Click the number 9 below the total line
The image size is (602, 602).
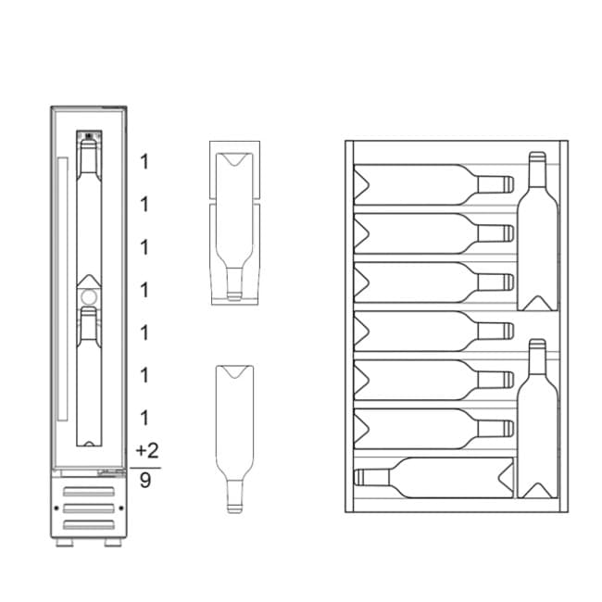point(145,481)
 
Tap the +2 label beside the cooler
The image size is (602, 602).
point(147,450)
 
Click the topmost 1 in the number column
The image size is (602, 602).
point(144,162)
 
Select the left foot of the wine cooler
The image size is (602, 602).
point(65,543)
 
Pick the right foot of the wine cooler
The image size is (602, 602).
point(113,543)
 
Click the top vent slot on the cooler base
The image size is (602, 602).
point(89,492)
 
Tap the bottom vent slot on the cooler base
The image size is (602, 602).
point(89,524)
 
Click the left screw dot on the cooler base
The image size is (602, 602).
point(56,508)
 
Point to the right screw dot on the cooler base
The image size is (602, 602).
point(121,508)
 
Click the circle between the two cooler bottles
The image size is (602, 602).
point(89,296)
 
